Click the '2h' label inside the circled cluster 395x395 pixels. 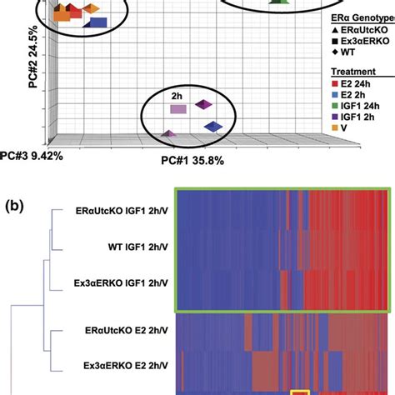tap(177, 95)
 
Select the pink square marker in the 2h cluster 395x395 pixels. tap(177, 108)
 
